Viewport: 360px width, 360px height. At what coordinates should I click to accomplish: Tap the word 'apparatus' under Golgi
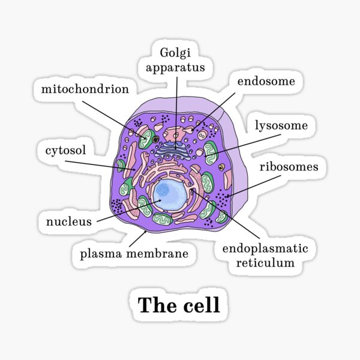(x=178, y=67)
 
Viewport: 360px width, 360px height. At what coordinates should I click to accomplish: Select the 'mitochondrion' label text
(x=85, y=89)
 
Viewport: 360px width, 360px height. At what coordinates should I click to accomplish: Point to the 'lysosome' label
(x=281, y=125)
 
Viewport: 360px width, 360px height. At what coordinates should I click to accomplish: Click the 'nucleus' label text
(x=68, y=221)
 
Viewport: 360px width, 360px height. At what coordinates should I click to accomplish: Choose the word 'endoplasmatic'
(x=265, y=248)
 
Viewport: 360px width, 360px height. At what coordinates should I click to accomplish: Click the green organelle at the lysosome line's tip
(x=210, y=152)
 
